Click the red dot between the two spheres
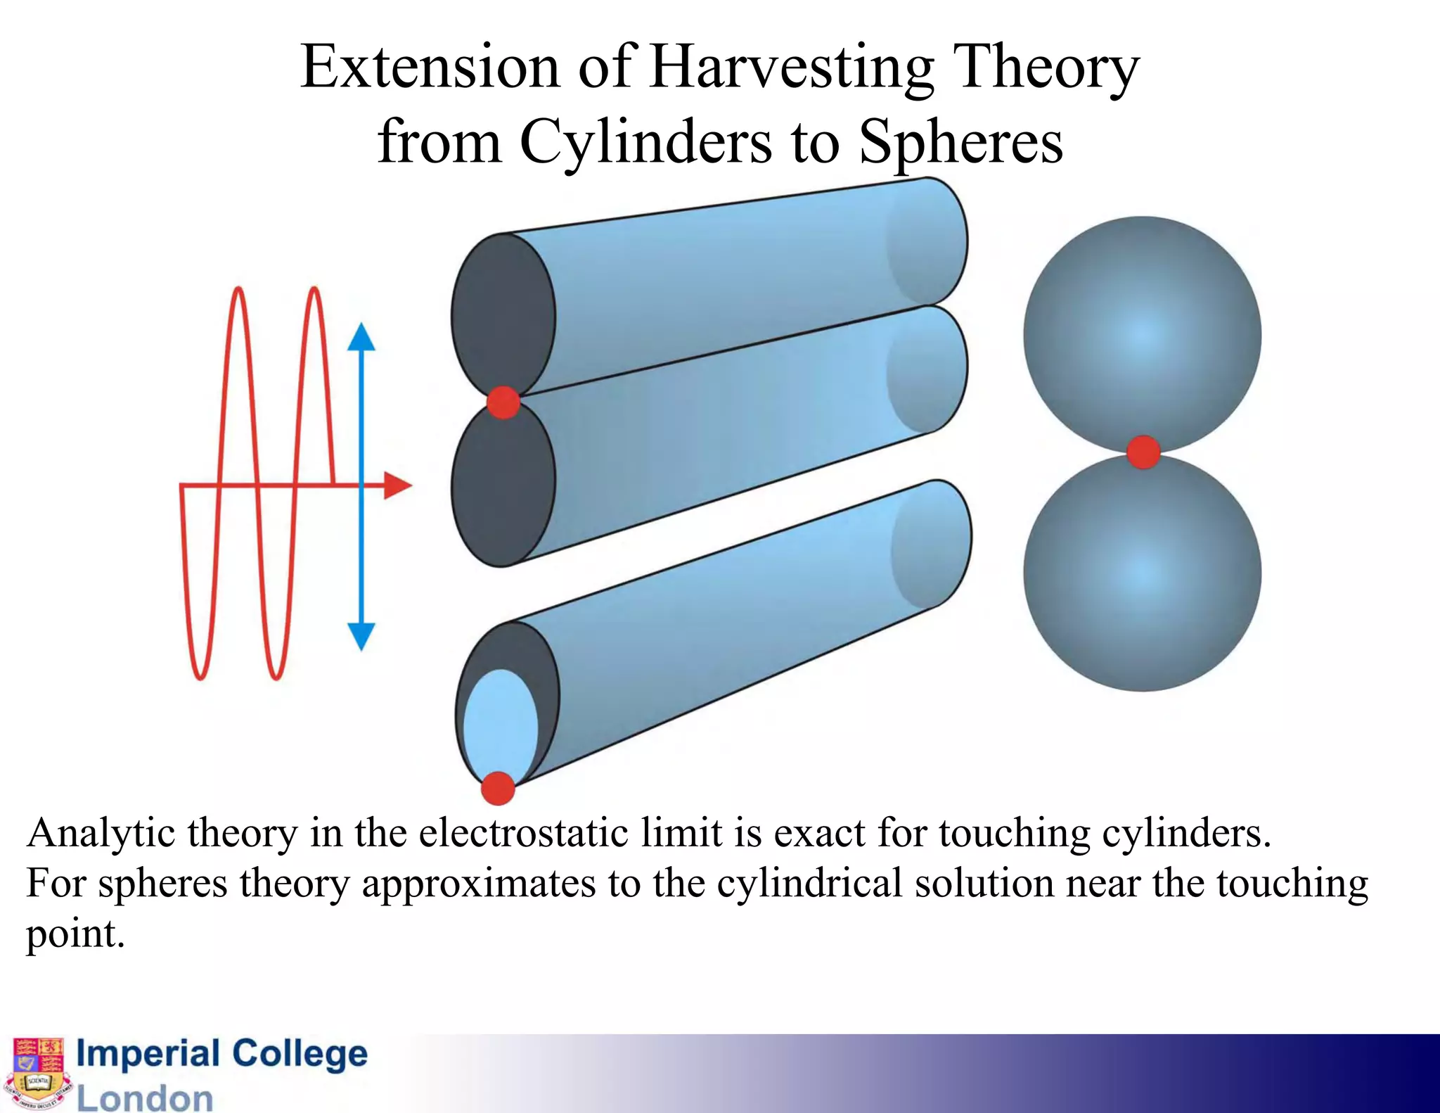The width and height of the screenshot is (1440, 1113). [x=1143, y=452]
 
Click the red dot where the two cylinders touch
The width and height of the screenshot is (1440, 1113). [x=503, y=402]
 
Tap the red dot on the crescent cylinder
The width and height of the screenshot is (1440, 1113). [x=498, y=788]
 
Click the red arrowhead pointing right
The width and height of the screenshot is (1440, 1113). [x=398, y=485]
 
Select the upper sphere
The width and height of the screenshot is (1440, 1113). [x=1142, y=334]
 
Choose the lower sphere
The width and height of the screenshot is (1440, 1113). [x=1142, y=573]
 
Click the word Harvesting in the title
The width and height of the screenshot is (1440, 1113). [x=792, y=68]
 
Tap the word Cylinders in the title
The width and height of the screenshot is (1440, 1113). [x=645, y=142]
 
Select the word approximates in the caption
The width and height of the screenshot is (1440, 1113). [x=478, y=884]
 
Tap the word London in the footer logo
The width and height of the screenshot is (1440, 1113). [x=144, y=1098]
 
